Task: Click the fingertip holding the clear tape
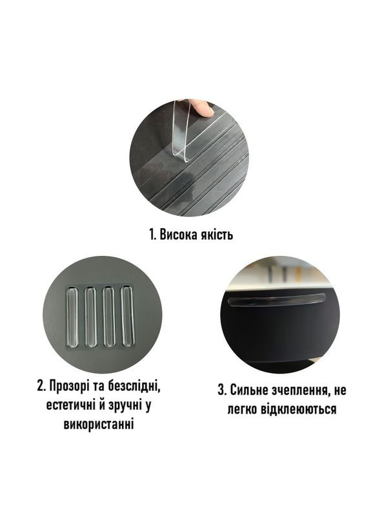205,108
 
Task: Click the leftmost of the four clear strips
73,317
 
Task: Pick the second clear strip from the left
91,317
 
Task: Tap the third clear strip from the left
109,317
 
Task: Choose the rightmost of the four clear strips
127,317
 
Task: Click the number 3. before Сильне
222,390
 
